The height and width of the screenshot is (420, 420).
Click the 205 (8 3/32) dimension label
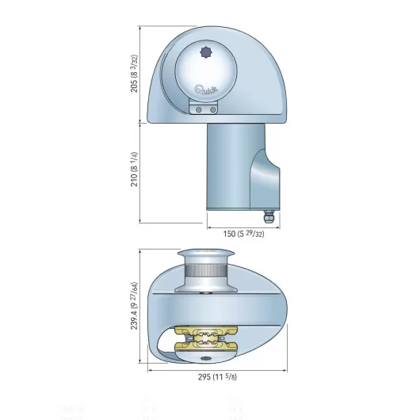tap(135, 74)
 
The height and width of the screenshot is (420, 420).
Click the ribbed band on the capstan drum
tap(207, 274)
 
